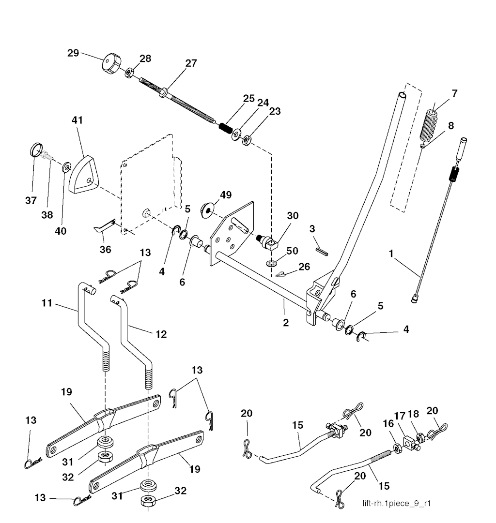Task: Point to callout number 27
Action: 191,63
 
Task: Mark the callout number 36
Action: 105,250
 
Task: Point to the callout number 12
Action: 161,333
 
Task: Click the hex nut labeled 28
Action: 130,74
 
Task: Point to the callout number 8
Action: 451,126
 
